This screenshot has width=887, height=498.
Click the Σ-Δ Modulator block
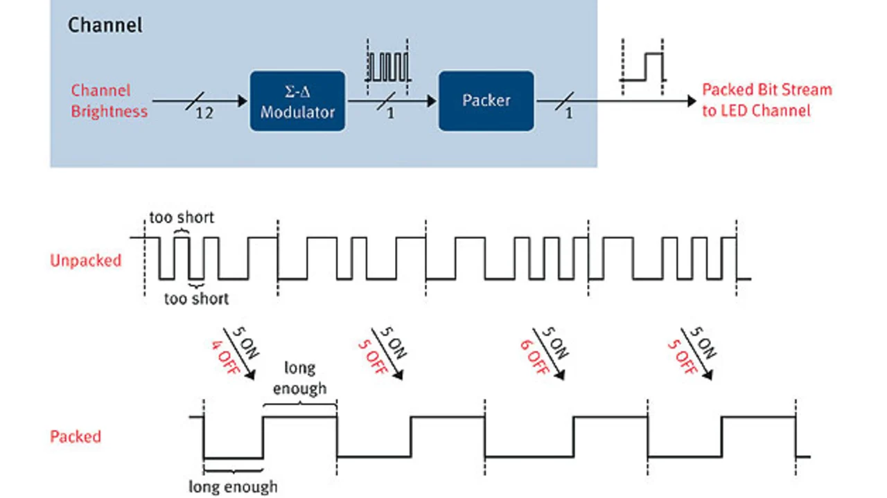click(x=297, y=101)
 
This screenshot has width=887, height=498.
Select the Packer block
click(x=486, y=100)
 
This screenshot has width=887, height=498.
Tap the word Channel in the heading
click(x=105, y=26)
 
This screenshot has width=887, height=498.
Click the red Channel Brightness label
click(x=109, y=101)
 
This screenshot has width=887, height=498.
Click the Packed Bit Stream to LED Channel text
click(x=766, y=100)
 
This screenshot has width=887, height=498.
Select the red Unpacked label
click(x=85, y=261)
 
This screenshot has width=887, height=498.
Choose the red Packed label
click(x=76, y=437)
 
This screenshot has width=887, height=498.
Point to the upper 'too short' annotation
click(x=182, y=217)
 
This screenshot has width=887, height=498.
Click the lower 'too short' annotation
click(x=196, y=299)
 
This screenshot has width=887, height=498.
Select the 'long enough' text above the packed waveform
click(x=299, y=378)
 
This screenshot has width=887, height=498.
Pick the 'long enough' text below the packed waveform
click(x=233, y=487)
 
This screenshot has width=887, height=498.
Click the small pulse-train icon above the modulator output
click(x=389, y=66)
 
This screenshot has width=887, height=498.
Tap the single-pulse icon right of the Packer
click(x=643, y=67)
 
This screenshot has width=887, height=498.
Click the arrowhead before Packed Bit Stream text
click(x=691, y=101)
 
